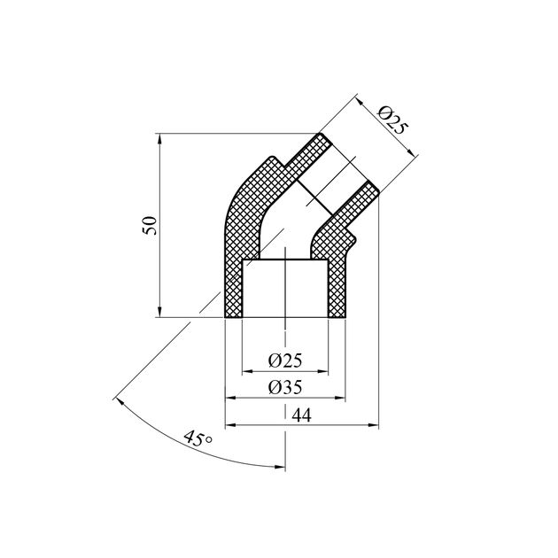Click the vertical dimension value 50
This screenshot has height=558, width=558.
coord(150,225)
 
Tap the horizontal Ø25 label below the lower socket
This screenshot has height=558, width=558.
coord(284,360)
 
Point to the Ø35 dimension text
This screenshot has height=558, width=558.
coord(284,388)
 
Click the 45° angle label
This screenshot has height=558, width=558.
coord(197,438)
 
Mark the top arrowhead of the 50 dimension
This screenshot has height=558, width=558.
coord(159,138)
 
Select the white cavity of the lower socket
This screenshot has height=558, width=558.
coord(284,288)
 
